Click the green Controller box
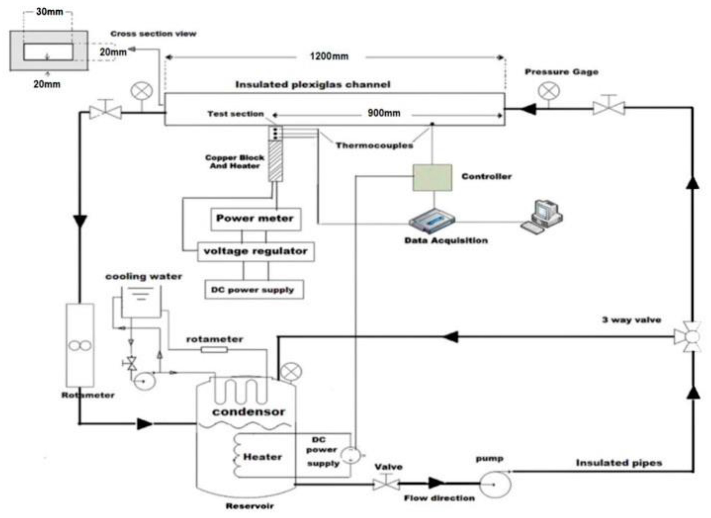(432, 177)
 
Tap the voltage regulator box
(256, 251)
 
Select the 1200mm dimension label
(329, 56)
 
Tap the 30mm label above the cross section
(50, 12)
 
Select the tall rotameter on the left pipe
(80, 345)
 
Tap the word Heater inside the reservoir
(262, 457)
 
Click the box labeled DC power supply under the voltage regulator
(254, 290)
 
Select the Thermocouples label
(374, 145)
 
